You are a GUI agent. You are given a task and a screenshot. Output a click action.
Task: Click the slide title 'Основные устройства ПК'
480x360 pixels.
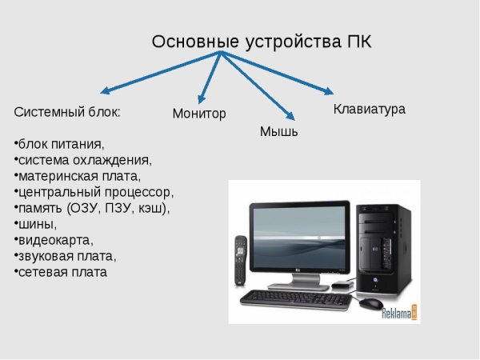tap(262, 42)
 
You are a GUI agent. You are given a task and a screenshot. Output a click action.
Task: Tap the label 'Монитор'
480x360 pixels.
tap(199, 114)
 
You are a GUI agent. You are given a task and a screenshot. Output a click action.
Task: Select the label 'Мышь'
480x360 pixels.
tap(278, 132)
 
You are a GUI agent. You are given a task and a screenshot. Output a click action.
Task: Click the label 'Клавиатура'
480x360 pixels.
tap(369, 109)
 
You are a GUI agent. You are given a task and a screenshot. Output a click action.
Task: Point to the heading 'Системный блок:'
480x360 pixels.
tap(68, 112)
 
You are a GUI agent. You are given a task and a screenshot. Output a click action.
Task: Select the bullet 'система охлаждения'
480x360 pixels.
tap(83, 160)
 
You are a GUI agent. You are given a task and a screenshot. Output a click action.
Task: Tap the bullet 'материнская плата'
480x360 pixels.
tap(78, 176)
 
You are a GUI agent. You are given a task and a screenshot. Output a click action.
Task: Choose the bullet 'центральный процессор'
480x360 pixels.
tap(94, 192)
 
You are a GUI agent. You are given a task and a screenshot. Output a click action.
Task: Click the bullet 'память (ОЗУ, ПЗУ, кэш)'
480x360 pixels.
tap(93, 208)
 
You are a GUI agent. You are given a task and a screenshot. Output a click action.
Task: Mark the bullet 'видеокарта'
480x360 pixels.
tap(54, 240)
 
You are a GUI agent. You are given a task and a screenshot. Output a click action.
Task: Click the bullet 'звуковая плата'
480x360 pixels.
tap(66, 256)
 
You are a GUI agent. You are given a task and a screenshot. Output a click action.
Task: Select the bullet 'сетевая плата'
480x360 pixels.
tap(62, 272)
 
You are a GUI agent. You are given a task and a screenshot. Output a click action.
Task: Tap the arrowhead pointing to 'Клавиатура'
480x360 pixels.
tap(327, 90)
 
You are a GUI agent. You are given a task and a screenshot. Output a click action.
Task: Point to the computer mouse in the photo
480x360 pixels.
tap(370, 304)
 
